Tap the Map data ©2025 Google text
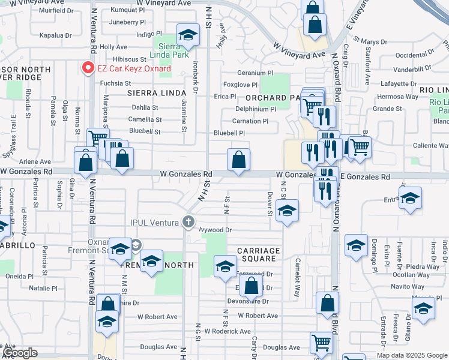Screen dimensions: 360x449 pos(412,355)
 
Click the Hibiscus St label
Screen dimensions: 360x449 pos(130,59)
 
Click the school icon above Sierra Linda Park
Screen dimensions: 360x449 pos(188,35)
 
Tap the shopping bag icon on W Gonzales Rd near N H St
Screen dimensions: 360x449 pos(238,160)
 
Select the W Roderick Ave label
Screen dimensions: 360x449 pos(228,331)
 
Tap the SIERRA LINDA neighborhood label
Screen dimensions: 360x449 pos(155,93)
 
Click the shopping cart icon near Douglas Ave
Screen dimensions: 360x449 pos(321,343)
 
